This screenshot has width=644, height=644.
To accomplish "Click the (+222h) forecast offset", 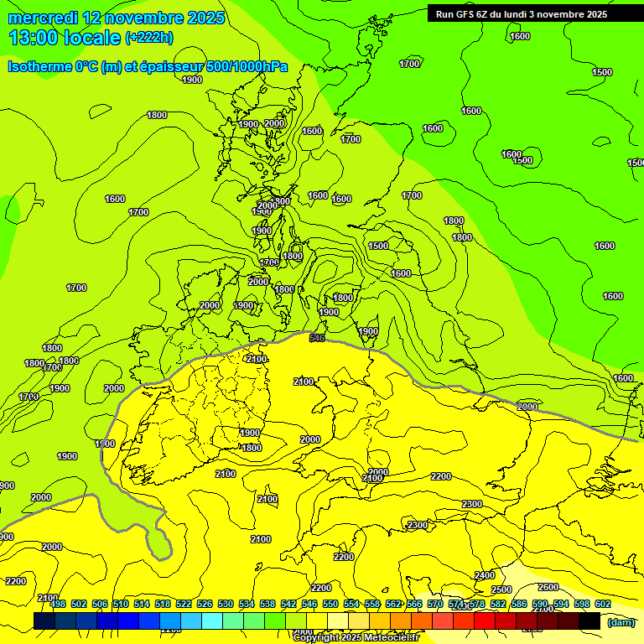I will click(x=148, y=38).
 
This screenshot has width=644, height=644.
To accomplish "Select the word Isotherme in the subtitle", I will click(x=39, y=67).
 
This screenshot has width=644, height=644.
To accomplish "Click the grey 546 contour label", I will click(x=317, y=338).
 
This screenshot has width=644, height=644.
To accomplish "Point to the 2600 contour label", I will click(x=548, y=587).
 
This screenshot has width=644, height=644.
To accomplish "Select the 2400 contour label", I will click(x=484, y=575).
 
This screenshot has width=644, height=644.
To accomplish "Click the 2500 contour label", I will click(x=501, y=589).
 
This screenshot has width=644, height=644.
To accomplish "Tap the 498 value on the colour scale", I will click(x=58, y=604).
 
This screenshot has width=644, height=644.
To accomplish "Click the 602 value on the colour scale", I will click(x=602, y=604).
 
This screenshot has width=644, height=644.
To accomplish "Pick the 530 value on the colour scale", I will click(x=226, y=604).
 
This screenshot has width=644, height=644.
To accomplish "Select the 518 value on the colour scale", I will click(x=163, y=604).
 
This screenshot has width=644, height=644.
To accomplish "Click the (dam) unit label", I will click(x=621, y=622).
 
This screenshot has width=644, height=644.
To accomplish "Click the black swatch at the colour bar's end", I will click(x=589, y=621).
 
